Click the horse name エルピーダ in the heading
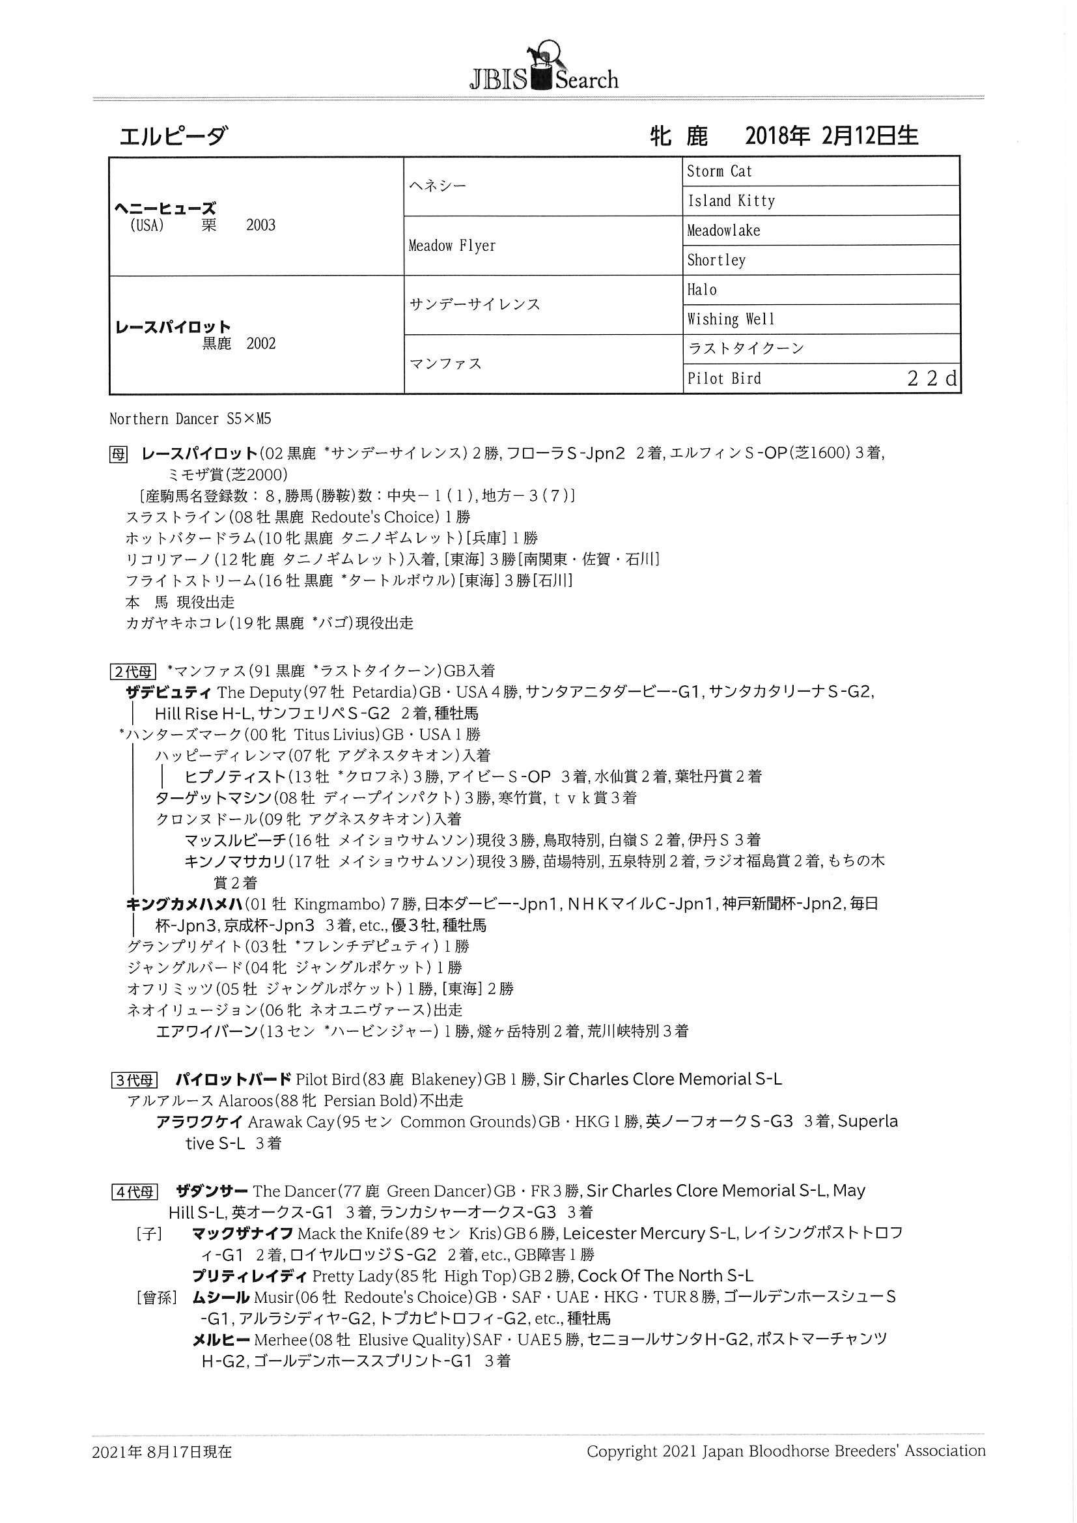(x=173, y=137)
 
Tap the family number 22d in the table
(x=932, y=378)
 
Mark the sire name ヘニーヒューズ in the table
(x=165, y=208)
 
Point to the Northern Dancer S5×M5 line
(x=190, y=420)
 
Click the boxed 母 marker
(x=118, y=455)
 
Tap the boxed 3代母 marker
(x=134, y=1081)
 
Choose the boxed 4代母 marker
(x=134, y=1192)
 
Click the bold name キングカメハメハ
(x=183, y=904)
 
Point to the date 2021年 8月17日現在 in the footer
(x=163, y=1452)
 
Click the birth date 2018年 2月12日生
(x=832, y=137)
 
